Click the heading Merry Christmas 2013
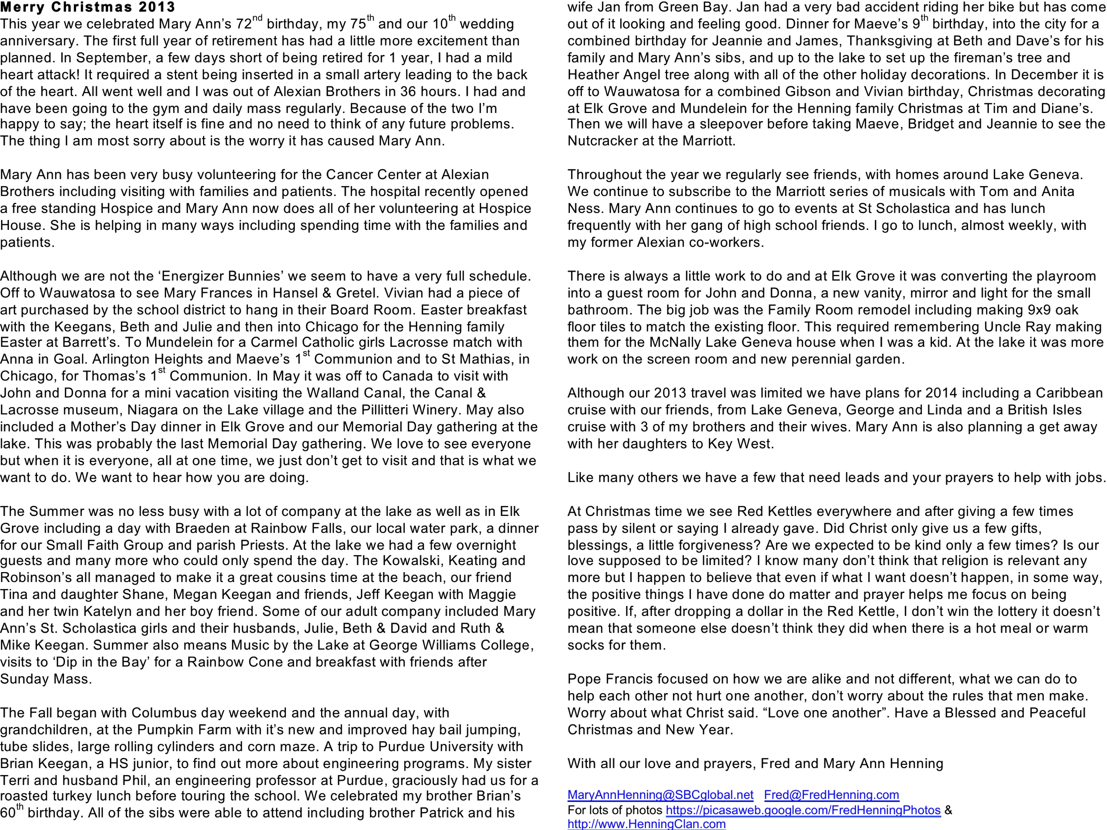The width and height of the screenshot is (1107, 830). click(x=87, y=7)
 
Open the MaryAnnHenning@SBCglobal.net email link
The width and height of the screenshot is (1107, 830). click(x=660, y=795)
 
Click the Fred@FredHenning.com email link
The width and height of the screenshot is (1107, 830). click(x=831, y=795)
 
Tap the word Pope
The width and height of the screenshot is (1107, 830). click(x=584, y=679)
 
